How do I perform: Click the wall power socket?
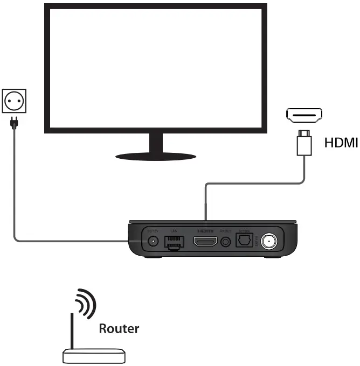pyautogui.click(x=14, y=100)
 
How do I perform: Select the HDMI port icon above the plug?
pyautogui.click(x=304, y=115)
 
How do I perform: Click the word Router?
pyautogui.click(x=119, y=328)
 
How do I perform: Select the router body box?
pyautogui.click(x=94, y=356)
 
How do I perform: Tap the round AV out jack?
pyautogui.click(x=226, y=242)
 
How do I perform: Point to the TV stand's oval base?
pyautogui.click(x=156, y=156)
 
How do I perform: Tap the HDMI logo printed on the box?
pyautogui.click(x=205, y=231)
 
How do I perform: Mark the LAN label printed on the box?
pyautogui.click(x=174, y=231)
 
